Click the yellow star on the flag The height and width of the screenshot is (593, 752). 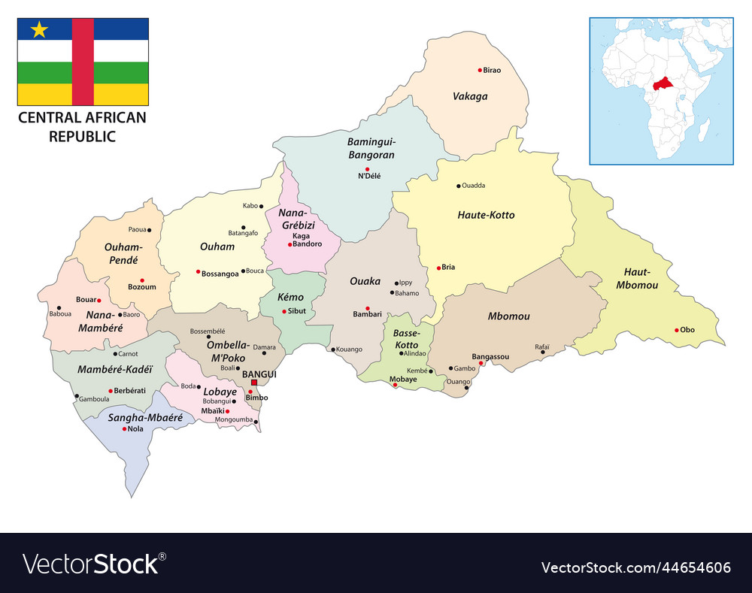click(x=39, y=30)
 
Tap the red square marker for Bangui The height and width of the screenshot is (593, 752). click(x=254, y=383)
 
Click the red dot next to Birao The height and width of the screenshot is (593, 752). click(x=480, y=70)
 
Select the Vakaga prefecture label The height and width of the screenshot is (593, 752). click(x=470, y=96)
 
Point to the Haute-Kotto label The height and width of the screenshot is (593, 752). click(x=486, y=215)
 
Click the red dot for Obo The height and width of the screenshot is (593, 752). click(x=677, y=329)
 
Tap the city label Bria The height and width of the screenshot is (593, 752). click(x=448, y=267)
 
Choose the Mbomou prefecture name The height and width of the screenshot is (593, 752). click(x=508, y=316)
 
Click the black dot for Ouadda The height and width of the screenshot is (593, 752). click(x=459, y=186)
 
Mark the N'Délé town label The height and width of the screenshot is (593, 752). click(x=368, y=176)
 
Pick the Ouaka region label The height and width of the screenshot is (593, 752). click(x=365, y=281)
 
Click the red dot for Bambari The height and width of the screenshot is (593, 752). click(x=368, y=307)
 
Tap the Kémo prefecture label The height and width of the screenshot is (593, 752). click(x=290, y=298)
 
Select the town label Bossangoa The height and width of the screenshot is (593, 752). click(x=220, y=274)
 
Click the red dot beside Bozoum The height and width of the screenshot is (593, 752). click(x=141, y=280)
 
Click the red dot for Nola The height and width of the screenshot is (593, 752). click(x=125, y=428)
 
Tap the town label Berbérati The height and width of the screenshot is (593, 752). click(x=132, y=391)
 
